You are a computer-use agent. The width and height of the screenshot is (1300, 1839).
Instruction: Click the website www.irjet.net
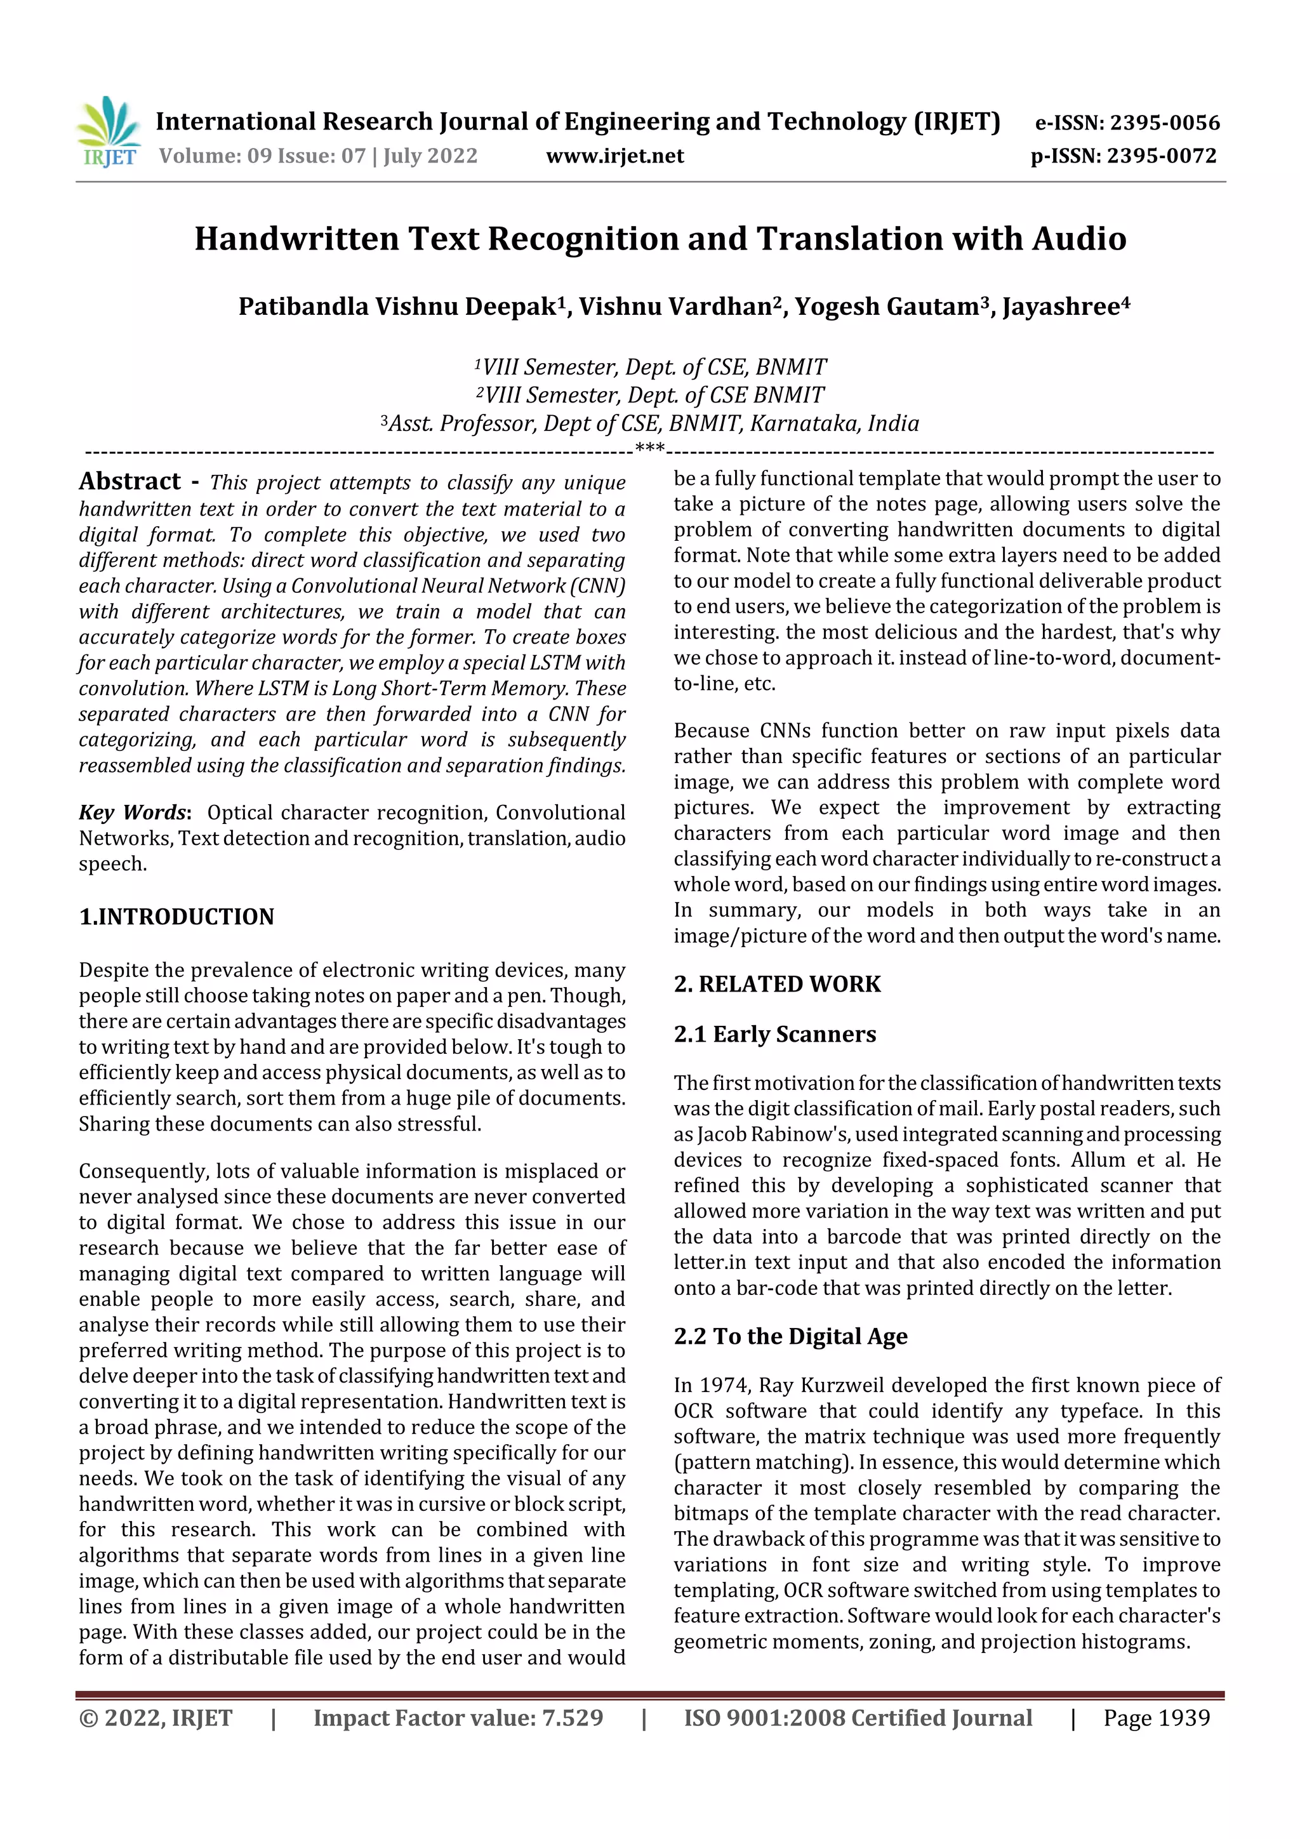point(614,156)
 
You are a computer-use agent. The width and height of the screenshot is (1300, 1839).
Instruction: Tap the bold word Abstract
point(129,481)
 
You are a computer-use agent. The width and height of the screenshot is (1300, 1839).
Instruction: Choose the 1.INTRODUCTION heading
point(176,916)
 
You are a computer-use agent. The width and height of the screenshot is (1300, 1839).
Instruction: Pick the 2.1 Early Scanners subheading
point(774,1034)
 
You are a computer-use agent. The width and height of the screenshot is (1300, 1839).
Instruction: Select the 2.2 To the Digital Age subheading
point(790,1336)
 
